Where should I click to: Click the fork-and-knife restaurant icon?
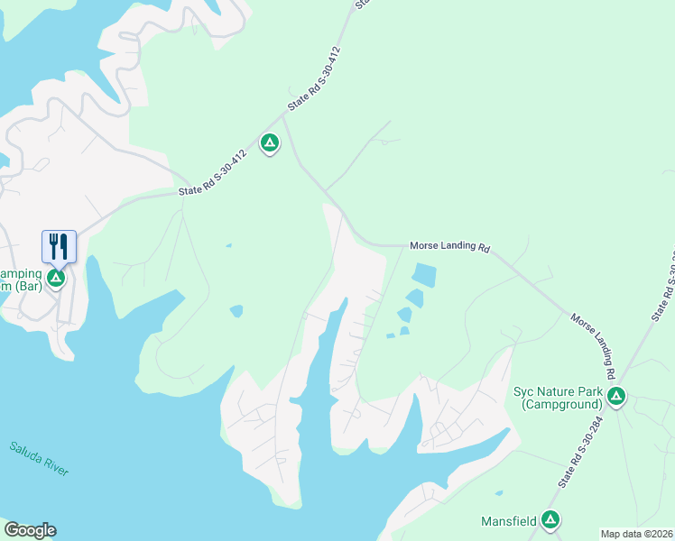tap(59, 246)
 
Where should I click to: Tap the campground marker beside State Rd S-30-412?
tap(269, 143)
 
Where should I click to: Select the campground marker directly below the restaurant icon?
tap(56, 278)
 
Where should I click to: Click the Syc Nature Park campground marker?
tap(616, 397)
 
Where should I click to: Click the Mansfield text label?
tap(507, 520)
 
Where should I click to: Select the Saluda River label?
tap(39, 459)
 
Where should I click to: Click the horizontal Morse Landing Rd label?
tap(448, 245)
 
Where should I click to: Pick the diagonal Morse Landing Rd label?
tap(593, 345)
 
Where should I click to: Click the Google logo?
tap(30, 530)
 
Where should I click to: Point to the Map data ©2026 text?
tap(636, 534)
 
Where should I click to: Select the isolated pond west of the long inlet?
tap(236, 311)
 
